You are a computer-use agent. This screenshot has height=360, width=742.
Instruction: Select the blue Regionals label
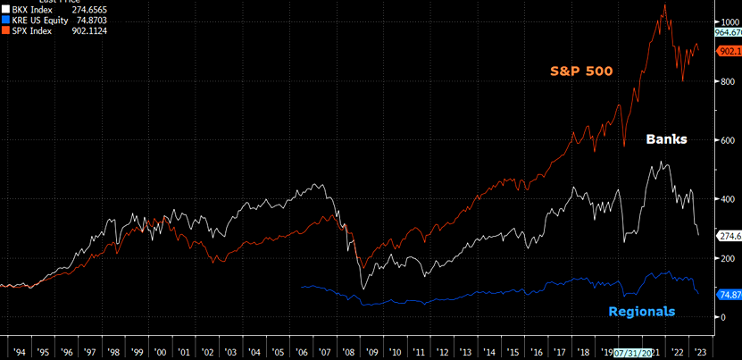tap(641, 311)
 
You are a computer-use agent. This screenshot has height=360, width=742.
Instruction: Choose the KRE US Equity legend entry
tap(45, 21)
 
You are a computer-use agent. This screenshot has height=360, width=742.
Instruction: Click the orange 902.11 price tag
tap(729, 52)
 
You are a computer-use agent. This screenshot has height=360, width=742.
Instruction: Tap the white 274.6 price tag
tap(729, 235)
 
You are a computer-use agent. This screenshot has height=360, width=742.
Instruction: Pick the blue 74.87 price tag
tap(729, 295)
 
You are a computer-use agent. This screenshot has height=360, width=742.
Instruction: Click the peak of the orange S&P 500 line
tap(664, 5)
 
